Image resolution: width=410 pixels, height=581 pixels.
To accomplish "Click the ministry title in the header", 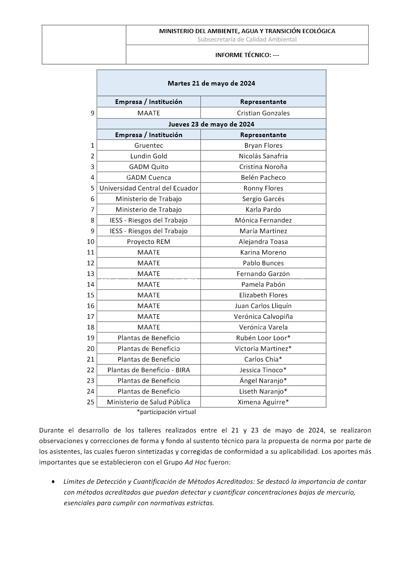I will coord(247,31).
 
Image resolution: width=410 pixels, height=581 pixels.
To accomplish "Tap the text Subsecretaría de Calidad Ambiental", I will coord(247,40).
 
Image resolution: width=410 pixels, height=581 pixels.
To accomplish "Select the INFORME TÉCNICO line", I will coord(247,55).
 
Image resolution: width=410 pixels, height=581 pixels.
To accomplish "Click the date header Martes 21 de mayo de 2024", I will coord(211,83).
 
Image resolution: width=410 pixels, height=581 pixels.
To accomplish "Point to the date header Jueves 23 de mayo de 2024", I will coord(211,124).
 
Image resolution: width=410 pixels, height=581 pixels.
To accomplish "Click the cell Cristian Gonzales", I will coord(263,113).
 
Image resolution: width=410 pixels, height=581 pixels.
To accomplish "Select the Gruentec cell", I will coord(148,145).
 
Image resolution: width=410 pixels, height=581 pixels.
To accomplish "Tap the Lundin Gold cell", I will coord(148,156).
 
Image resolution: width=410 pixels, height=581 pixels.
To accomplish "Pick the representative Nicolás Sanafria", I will coord(263,156).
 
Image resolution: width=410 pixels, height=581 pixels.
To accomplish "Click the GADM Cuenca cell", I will coord(148,178).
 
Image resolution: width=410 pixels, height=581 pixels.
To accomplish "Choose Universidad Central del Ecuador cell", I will coord(148,188).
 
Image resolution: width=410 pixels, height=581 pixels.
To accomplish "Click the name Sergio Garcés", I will coord(263,199).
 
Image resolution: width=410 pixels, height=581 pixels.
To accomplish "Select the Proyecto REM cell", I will coord(148,242).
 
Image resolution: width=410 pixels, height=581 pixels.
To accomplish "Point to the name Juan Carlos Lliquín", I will coord(263,306).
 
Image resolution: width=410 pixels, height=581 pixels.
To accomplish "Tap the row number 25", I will coord(91,402).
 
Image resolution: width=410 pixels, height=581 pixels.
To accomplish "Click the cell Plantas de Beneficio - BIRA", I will coord(148,370).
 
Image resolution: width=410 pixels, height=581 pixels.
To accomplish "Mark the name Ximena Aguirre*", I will coord(263,402).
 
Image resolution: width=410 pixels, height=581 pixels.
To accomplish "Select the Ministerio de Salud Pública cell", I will coord(148,402).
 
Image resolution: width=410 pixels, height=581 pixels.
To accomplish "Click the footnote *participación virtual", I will coord(166,412).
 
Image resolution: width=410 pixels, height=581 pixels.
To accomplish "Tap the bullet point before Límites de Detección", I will coord(54,482).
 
